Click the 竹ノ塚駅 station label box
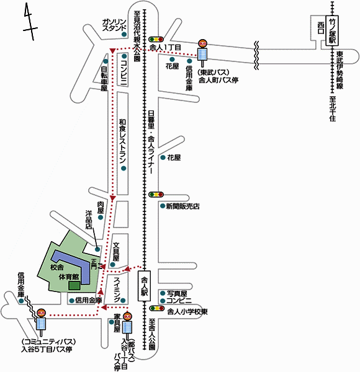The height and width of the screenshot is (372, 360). click(x=332, y=30)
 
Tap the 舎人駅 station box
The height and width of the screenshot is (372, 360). click(x=145, y=286)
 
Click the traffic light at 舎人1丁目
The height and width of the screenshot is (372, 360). click(x=156, y=39)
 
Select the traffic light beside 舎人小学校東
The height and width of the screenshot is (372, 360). click(x=156, y=308)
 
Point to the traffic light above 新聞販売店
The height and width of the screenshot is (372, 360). click(x=156, y=195)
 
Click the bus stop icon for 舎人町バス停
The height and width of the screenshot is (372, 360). click(x=202, y=53)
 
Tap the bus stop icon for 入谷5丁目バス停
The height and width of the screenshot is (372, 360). click(x=41, y=322)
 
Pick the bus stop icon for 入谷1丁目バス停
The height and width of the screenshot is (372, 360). click(x=127, y=326)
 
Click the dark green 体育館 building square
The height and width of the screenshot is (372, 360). click(x=74, y=285)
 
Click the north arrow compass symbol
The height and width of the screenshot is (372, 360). click(x=30, y=22)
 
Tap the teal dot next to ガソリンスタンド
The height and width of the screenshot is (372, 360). click(x=124, y=34)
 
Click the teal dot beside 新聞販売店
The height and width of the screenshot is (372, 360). click(x=163, y=206)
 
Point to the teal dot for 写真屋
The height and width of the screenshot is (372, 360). click(x=163, y=293)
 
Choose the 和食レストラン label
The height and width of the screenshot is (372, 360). click(x=122, y=141)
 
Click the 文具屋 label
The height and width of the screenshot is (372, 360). click(x=116, y=252)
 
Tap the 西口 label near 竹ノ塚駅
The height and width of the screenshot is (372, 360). click(x=321, y=28)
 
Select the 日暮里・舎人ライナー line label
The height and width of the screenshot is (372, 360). click(x=151, y=142)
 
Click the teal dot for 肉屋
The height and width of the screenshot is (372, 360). click(x=101, y=218)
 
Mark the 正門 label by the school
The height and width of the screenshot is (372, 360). click(x=94, y=264)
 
